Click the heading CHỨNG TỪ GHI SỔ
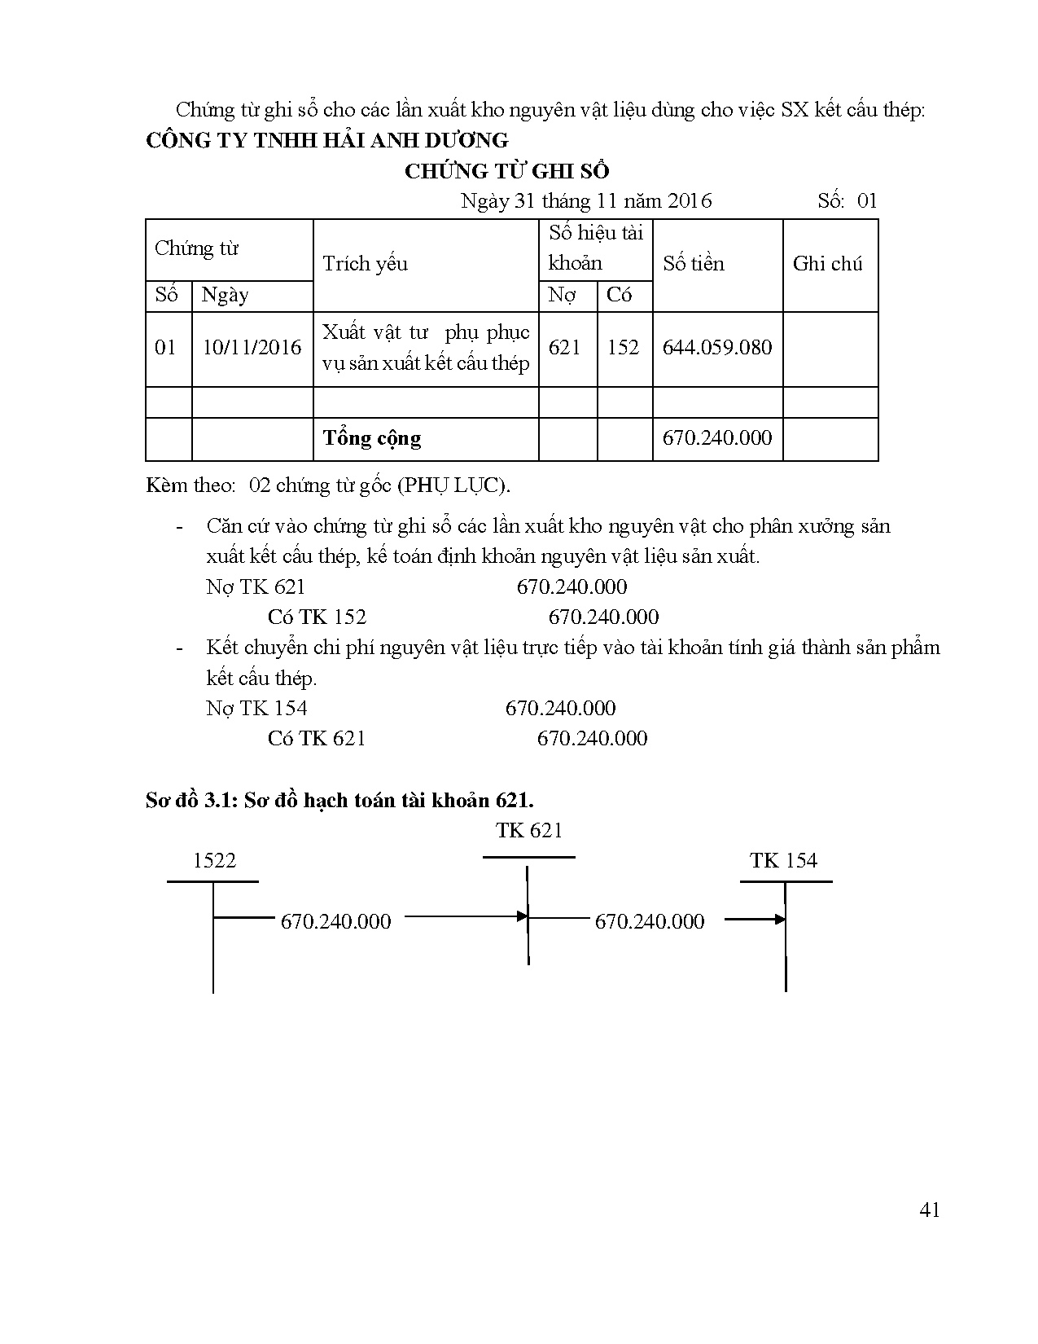point(506,171)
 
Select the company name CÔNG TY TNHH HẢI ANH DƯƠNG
point(326,140)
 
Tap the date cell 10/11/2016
point(252,348)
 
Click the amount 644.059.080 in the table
point(716,348)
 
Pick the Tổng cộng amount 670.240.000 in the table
point(716,438)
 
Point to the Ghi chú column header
point(827,264)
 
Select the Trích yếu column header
point(365,264)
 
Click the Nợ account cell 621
point(564,348)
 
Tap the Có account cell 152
point(623,348)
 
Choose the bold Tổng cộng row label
point(371,438)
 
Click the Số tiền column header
point(693,264)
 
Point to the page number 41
point(929,1210)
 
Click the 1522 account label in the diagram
point(214,861)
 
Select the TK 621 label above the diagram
point(529,831)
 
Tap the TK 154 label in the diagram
point(783,861)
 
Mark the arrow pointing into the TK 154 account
point(755,920)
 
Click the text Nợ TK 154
point(256,708)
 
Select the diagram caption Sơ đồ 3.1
point(339,800)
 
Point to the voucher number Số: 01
point(847,201)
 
